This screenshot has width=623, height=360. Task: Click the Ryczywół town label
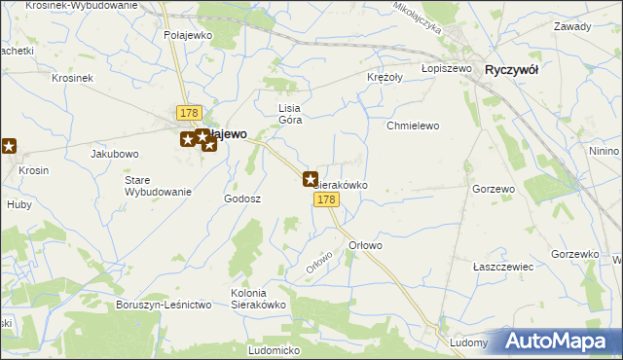[512, 70]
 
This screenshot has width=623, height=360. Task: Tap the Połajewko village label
[188, 35]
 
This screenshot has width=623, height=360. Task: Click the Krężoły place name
[386, 77]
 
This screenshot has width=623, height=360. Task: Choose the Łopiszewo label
[447, 69]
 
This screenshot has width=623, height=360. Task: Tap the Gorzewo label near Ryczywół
[493, 188]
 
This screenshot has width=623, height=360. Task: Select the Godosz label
[242, 198]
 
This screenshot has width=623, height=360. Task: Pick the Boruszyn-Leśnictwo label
[164, 305]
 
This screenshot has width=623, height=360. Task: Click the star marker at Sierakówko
[311, 179]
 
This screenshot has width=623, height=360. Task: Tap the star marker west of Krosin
[9, 147]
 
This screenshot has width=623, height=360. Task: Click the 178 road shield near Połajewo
[189, 113]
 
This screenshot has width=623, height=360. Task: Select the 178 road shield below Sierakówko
[326, 199]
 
